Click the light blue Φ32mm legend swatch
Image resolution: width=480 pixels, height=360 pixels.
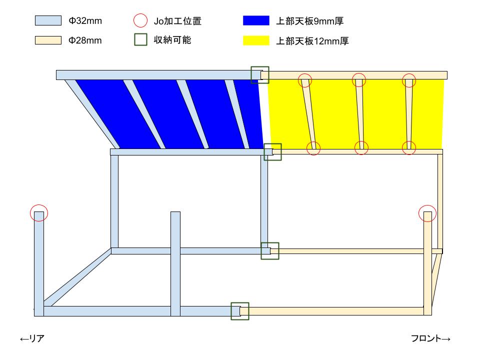click(48, 20)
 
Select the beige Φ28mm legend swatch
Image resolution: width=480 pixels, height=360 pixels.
click(48, 40)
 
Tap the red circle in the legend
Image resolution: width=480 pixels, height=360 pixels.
click(140, 20)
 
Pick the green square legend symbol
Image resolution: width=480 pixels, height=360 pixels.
click(140, 40)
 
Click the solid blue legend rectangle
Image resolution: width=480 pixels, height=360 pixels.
click(256, 20)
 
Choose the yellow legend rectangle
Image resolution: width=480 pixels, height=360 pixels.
click(256, 40)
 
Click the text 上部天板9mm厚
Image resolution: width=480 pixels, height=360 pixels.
click(310, 21)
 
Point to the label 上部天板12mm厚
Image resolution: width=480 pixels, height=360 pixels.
click(312, 40)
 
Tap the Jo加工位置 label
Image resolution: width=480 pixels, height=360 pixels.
click(177, 21)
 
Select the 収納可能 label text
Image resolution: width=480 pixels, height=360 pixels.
click(172, 40)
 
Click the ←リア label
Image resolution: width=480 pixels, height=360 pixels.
click(32, 338)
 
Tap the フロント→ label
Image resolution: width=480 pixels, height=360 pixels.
click(430, 338)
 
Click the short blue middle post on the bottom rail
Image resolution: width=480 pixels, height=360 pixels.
click(175, 263)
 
